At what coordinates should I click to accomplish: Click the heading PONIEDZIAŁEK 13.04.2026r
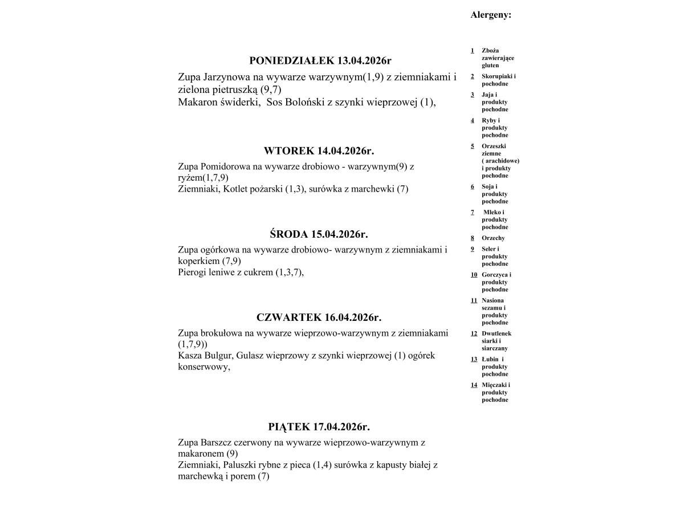[x=321, y=60]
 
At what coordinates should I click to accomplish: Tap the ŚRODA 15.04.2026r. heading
[x=319, y=234]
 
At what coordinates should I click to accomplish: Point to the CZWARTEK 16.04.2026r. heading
[x=319, y=317]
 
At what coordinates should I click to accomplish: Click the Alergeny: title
[x=491, y=15]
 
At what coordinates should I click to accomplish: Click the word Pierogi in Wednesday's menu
[x=193, y=272]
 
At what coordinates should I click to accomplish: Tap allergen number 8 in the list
[x=473, y=238]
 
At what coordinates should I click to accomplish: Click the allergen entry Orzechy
[x=493, y=238]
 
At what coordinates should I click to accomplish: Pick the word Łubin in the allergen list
[x=490, y=359]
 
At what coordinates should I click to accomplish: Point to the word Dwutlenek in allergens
[x=496, y=333]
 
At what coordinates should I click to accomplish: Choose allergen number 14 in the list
[x=474, y=385]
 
